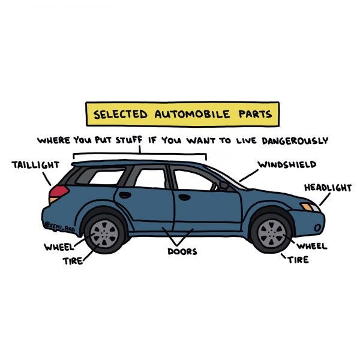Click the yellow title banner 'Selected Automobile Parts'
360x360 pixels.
pos(182,113)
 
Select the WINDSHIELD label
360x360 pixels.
pos(287,164)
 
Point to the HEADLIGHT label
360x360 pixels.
pos(328,188)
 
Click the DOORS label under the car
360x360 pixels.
pos(182,251)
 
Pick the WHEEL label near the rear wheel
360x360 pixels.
pos(58,247)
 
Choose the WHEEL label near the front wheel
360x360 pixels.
pos(312,246)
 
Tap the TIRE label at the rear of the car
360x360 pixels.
pos(73,261)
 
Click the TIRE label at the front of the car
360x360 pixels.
pos(298,260)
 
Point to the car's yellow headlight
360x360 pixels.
pos(310,207)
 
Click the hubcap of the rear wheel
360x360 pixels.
pos(106,231)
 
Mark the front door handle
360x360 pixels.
pos(185,197)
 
